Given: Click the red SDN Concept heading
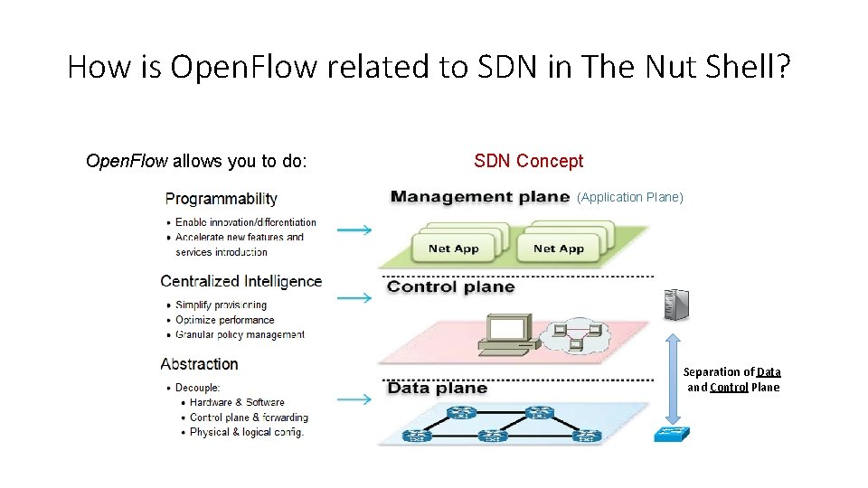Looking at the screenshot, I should (x=529, y=161).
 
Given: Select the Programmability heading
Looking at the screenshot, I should (x=221, y=199).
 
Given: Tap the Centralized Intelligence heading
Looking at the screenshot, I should (x=241, y=281).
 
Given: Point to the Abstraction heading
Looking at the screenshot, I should (x=199, y=364).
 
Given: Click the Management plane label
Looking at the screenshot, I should (x=480, y=197).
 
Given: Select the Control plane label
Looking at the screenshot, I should (x=451, y=287).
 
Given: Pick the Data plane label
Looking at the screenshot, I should (x=438, y=388).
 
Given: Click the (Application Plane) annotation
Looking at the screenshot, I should (x=630, y=197).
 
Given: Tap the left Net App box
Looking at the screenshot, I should (x=454, y=249).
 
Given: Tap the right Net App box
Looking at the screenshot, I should (x=558, y=249).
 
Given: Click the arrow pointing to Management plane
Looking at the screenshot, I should (x=354, y=230).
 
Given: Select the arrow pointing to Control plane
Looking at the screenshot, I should (x=354, y=297).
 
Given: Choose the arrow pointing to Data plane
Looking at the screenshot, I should (x=354, y=399).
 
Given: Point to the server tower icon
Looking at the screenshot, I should (x=674, y=304).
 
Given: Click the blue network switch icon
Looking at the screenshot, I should (x=670, y=433).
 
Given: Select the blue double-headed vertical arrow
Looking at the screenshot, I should (x=672, y=374).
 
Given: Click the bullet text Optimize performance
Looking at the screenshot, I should (x=224, y=320).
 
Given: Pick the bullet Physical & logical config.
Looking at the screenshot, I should (x=246, y=432).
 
